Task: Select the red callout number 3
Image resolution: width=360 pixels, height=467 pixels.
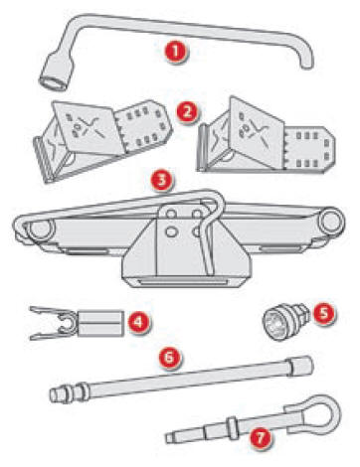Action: [x=158, y=184]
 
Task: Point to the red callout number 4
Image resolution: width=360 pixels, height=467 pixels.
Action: [x=139, y=322]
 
